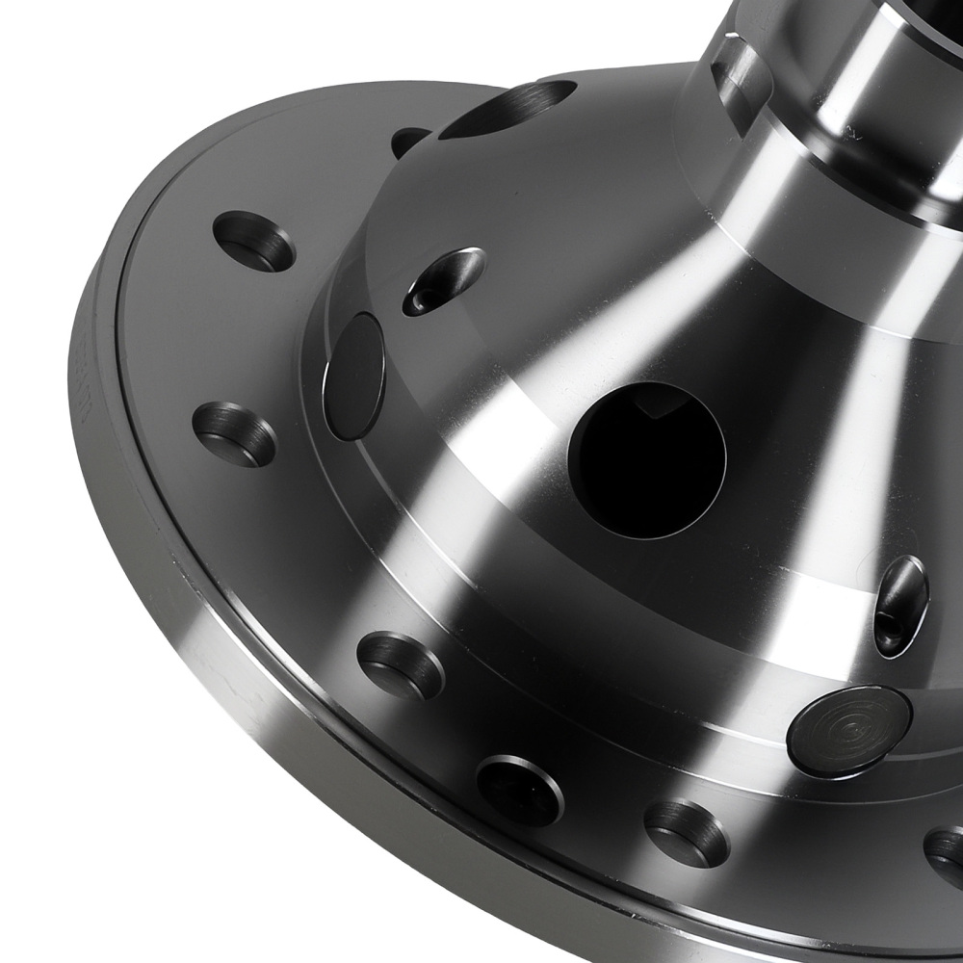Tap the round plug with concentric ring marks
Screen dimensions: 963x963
point(847,731)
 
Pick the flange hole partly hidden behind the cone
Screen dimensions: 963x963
point(410,141)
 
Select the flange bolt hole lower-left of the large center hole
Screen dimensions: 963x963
point(401,664)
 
